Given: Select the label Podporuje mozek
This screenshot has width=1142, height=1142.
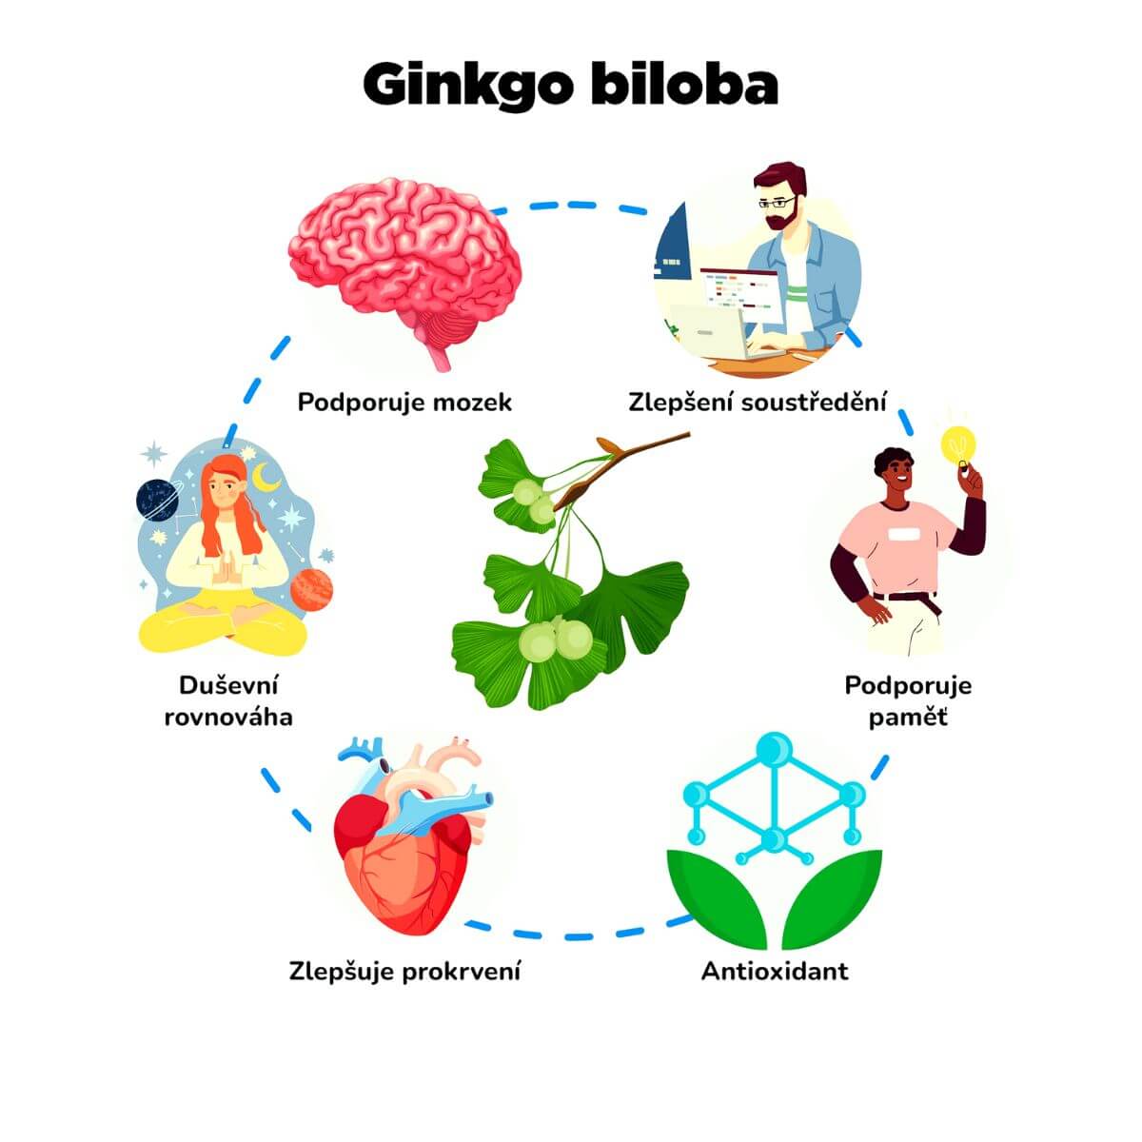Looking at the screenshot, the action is [x=404, y=403].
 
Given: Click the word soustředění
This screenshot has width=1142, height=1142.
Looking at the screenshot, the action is [x=814, y=402].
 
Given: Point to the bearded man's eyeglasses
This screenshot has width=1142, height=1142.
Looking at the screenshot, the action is [x=777, y=203].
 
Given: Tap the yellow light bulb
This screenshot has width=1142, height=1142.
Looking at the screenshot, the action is [x=958, y=445].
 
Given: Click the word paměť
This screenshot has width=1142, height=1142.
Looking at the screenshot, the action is [x=908, y=719].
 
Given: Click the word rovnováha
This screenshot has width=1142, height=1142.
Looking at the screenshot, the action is [x=228, y=718].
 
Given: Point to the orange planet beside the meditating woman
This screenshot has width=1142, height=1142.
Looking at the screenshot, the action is [x=311, y=590].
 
